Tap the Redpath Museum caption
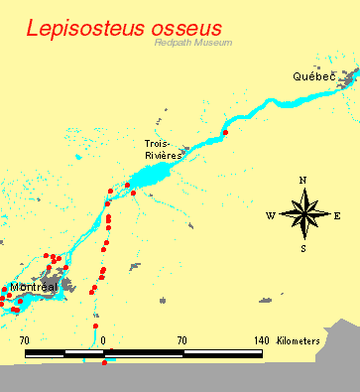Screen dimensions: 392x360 [192, 42]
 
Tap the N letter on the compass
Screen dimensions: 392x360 [302, 180]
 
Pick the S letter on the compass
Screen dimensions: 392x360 [303, 248]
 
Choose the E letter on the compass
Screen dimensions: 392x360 [337, 215]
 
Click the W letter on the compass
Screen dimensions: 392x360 [270, 215]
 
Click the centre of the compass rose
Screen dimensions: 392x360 [303, 214]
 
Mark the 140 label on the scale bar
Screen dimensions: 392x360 [261, 340]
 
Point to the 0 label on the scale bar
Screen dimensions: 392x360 [103, 340]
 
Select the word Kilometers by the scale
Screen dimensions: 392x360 [299, 340]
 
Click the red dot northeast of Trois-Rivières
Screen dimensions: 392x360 [226, 131]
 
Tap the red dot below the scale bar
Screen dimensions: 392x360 [104, 362]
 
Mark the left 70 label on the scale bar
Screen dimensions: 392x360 [25, 340]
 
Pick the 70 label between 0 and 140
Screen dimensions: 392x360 [181, 340]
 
